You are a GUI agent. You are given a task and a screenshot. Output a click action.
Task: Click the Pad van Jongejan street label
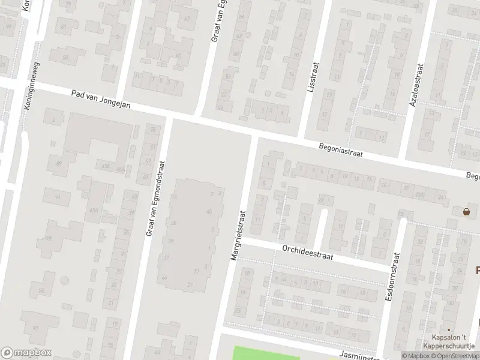[100, 99]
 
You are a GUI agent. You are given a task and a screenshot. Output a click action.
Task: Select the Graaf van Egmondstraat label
[155, 199]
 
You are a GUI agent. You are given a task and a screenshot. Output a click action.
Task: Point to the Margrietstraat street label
[238, 235]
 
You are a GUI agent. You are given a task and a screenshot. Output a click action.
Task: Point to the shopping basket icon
[466, 211]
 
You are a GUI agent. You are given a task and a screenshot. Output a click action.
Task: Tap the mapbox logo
[26, 353]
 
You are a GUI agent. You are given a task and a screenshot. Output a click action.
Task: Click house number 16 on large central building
[175, 197]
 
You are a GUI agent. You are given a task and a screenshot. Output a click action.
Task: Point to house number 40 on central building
[209, 211]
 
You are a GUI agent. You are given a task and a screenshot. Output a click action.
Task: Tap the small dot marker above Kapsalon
[448, 329]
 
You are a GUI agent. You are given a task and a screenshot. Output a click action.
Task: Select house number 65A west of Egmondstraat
[94, 211]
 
